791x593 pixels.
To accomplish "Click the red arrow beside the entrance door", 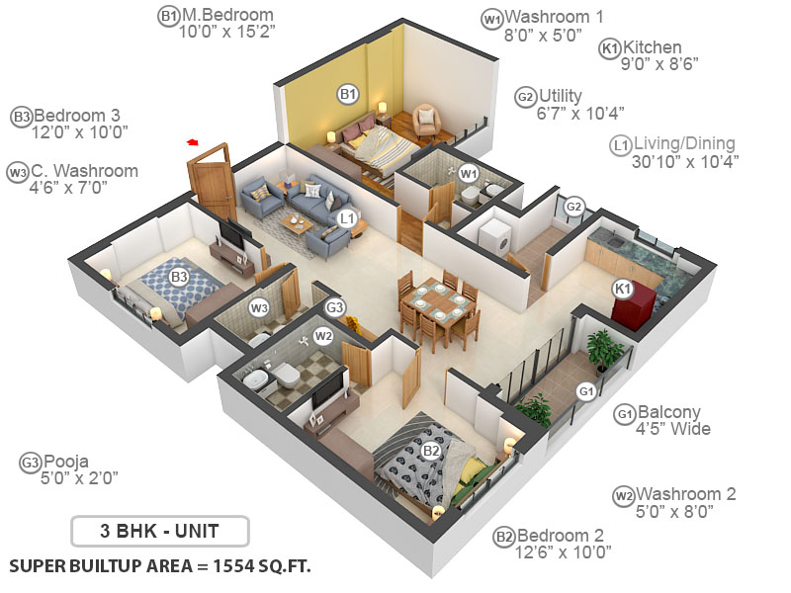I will coord(192,143).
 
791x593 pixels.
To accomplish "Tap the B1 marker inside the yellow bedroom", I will coord(347,94).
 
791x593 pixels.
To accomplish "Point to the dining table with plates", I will coord(434,298).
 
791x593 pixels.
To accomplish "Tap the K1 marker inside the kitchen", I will coord(622,288).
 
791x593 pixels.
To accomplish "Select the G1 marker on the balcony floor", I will coord(586,391).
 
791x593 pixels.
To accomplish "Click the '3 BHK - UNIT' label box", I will coord(159,531).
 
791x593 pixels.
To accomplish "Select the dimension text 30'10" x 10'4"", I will coord(685,162).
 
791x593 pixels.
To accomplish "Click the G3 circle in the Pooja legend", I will coord(30,461).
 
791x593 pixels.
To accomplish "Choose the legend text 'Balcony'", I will coord(669,412).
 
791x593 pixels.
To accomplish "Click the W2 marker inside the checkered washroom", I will coord(323,336).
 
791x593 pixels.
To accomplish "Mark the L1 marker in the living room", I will coord(346,217).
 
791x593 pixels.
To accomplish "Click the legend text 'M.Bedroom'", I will coord(226,15).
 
